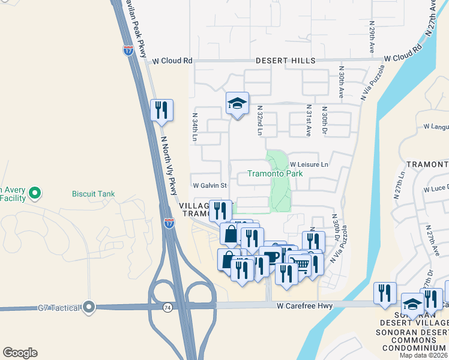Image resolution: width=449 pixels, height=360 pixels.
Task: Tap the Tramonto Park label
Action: coord(275,174)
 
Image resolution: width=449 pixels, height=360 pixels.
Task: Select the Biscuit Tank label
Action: coord(93,194)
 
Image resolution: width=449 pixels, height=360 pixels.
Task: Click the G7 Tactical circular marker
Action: coord(89,308)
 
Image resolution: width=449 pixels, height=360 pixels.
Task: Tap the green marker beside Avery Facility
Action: coord(35,193)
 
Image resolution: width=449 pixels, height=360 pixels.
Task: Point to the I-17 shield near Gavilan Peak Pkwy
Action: coord(128,50)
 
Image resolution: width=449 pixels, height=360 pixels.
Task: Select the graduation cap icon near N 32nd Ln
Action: coord(237,103)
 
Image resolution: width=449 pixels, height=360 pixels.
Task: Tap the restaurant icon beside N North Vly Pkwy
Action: coord(161,110)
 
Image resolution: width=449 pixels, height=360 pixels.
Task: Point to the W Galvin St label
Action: coord(209,185)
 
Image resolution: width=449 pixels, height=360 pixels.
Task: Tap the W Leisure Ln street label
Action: coord(309,164)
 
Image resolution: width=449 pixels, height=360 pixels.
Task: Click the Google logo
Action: coord(20,353)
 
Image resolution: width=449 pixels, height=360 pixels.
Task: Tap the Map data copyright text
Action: coord(424,355)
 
